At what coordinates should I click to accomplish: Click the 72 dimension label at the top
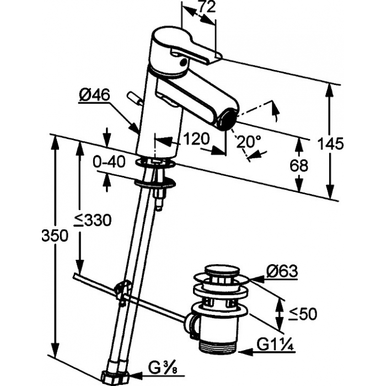207,7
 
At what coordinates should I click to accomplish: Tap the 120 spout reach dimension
197,139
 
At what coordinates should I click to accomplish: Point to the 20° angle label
248,142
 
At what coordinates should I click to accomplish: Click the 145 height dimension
330,143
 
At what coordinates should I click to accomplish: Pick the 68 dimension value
299,165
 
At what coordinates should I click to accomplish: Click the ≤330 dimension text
93,220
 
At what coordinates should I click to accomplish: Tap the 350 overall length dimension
55,235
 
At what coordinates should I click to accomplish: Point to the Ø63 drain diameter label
282,271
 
